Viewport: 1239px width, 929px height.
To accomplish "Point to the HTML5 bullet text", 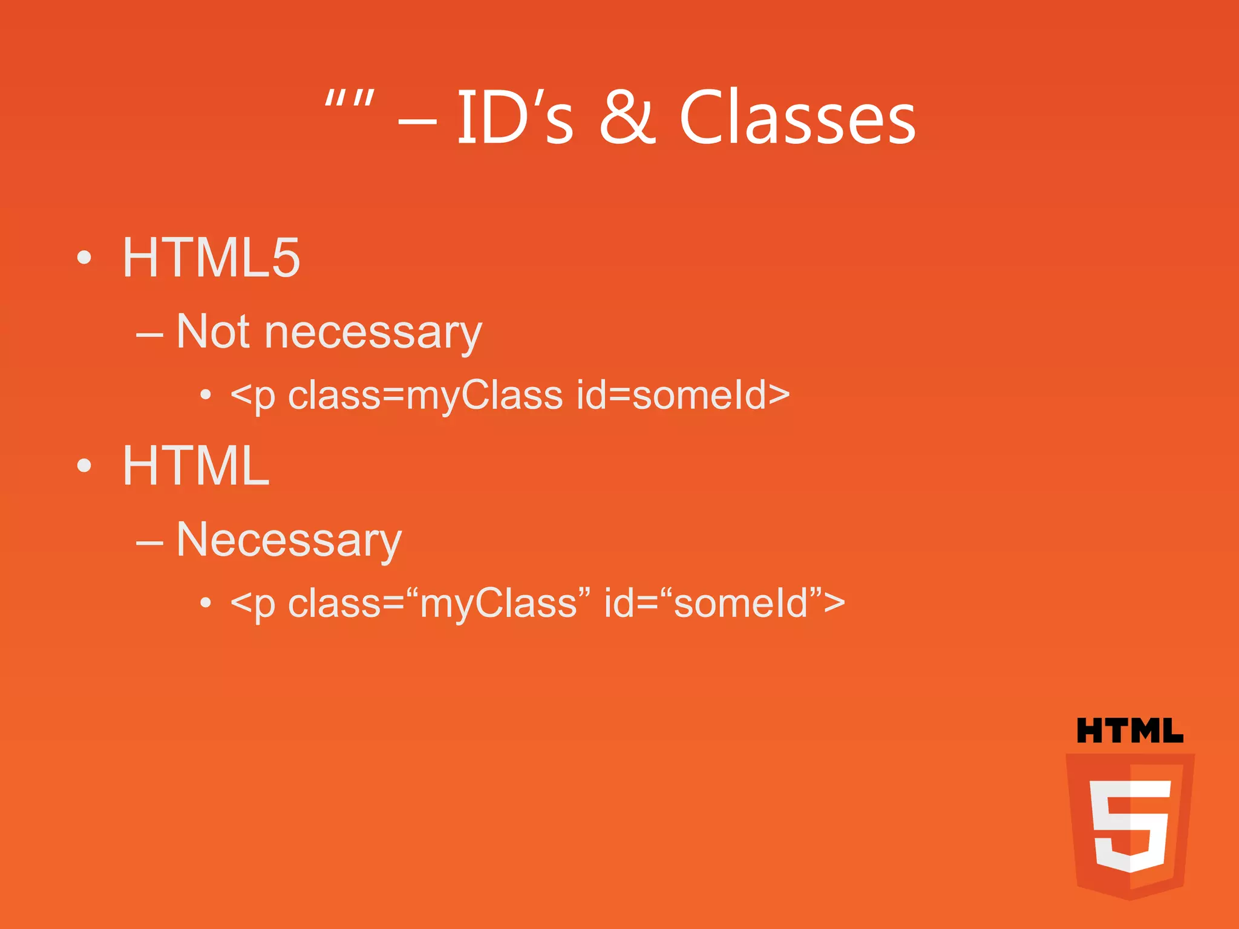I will click(x=211, y=258).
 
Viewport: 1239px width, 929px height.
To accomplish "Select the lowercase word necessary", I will click(x=373, y=333).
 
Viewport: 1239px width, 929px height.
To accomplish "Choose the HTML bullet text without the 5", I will click(x=195, y=466).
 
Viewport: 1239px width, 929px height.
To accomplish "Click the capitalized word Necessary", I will click(x=289, y=540).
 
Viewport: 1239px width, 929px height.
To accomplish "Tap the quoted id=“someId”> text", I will click(x=724, y=603).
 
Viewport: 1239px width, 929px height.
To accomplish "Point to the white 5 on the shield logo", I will click(x=1129, y=825).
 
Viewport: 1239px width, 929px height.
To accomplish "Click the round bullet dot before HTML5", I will click(x=85, y=258).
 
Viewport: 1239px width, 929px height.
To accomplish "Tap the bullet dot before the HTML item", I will click(x=85, y=466).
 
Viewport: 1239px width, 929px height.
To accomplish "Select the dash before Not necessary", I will click(x=149, y=334).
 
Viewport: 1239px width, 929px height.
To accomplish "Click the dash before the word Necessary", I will click(x=149, y=543).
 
